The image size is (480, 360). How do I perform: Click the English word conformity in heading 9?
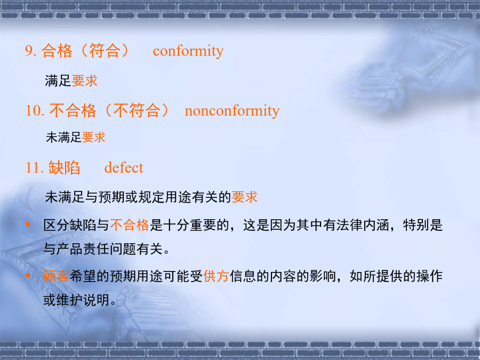pyautogui.click(x=188, y=51)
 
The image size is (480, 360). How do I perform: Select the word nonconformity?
pyautogui.click(x=232, y=111)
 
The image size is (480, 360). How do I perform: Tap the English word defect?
pyautogui.click(x=124, y=168)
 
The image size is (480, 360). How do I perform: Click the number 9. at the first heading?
pyautogui.click(x=31, y=51)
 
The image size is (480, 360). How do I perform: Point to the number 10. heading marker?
pyautogui.click(x=35, y=110)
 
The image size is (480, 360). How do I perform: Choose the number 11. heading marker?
pyautogui.click(x=35, y=168)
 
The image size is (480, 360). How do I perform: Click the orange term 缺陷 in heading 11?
pyautogui.click(x=65, y=168)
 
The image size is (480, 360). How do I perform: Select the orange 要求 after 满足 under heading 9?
pyautogui.click(x=84, y=81)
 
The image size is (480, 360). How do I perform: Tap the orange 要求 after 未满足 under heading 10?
pyautogui.click(x=94, y=138)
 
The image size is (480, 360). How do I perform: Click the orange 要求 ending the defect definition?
pyautogui.click(x=245, y=197)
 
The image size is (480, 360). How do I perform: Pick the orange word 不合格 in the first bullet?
pyautogui.click(x=130, y=225)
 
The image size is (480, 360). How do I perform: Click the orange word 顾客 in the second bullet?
pyautogui.click(x=56, y=276)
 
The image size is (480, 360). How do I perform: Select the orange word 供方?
pyautogui.click(x=216, y=276)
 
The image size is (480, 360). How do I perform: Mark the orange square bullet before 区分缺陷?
pyautogui.click(x=28, y=225)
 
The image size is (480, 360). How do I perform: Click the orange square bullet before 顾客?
pyautogui.click(x=28, y=276)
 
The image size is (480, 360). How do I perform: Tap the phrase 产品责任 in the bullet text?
pyautogui.click(x=83, y=249)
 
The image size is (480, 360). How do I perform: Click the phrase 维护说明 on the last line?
pyautogui.click(x=83, y=300)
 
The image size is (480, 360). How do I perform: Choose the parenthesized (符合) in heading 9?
pyautogui.click(x=105, y=51)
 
